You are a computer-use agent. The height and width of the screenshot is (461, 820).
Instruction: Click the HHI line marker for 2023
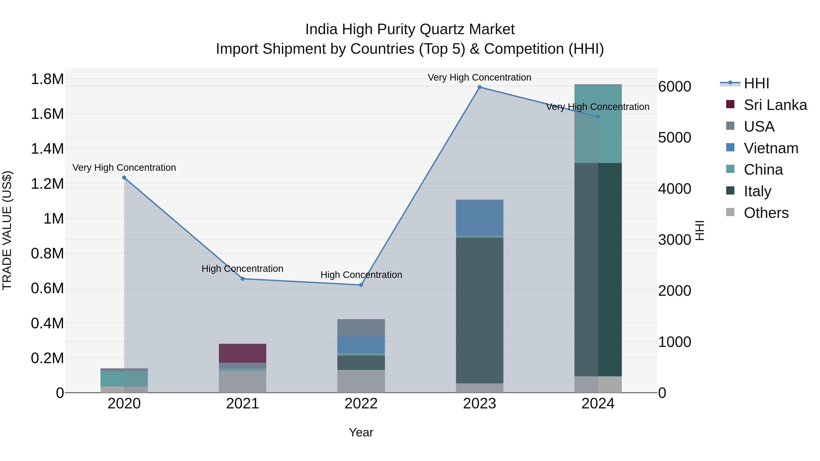tap(479, 87)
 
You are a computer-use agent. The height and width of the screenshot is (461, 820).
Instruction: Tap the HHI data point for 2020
tap(124, 178)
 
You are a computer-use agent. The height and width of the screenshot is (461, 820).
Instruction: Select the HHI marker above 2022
tap(361, 285)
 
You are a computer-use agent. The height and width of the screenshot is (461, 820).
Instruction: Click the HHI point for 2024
tap(598, 117)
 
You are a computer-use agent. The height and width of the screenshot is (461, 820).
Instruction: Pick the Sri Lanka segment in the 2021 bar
tap(243, 353)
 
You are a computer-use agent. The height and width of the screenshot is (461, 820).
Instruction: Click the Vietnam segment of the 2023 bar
tap(479, 218)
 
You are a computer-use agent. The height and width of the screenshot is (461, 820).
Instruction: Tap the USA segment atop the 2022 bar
tap(361, 327)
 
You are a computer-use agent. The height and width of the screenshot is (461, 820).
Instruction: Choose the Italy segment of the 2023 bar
tap(479, 310)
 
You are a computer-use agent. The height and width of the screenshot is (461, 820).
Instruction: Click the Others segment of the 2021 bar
tap(243, 382)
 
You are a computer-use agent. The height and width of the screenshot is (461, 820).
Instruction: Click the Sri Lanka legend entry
tap(775, 105)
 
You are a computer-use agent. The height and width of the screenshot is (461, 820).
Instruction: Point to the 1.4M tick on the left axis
tap(47, 149)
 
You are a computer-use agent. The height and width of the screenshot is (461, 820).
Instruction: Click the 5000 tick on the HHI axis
tap(674, 138)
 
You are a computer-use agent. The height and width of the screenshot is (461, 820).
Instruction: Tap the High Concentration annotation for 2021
tap(242, 269)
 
